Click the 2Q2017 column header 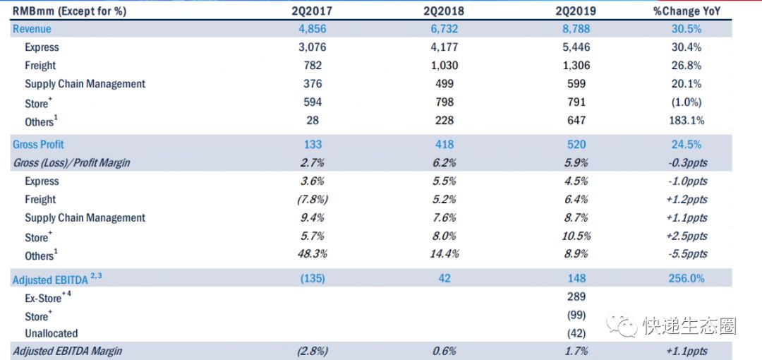(x=313, y=11)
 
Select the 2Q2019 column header (x=576, y=11)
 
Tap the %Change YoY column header (x=687, y=11)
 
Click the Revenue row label (x=32, y=29)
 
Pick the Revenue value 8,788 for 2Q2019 (x=576, y=29)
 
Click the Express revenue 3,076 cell (x=313, y=47)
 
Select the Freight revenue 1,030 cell (x=444, y=66)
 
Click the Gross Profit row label (x=38, y=145)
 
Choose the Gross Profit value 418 (x=444, y=145)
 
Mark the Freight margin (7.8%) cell (x=313, y=200)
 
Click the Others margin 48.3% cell (x=313, y=255)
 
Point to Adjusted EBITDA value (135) (x=313, y=279)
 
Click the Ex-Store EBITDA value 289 (x=576, y=297)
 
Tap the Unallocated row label (x=52, y=333)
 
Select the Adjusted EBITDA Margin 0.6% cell (x=444, y=352)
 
